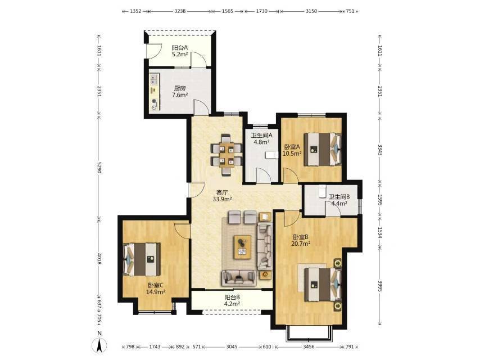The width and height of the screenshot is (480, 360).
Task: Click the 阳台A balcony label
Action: pyautogui.click(x=180, y=48)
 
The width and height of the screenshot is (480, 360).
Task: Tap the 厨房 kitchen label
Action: pyautogui.click(x=180, y=88)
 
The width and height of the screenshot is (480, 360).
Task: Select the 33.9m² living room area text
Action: pyautogui.click(x=222, y=199)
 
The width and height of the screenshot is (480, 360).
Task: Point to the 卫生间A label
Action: pyautogui.click(x=262, y=135)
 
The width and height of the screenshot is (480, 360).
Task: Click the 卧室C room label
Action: pyautogui.click(x=156, y=285)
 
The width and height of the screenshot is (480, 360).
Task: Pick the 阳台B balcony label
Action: pyautogui.click(x=232, y=297)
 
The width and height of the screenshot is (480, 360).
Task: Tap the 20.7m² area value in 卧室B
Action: pyautogui.click(x=301, y=244)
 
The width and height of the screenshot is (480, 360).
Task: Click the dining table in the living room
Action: pyautogui.click(x=227, y=155)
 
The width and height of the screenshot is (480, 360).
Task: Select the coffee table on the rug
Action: pyautogui.click(x=242, y=246)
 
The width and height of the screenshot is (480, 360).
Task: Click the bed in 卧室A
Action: pyautogui.click(x=323, y=149)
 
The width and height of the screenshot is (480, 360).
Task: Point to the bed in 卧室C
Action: pyautogui.click(x=142, y=259)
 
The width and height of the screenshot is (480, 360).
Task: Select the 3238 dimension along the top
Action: pyautogui.click(x=180, y=11)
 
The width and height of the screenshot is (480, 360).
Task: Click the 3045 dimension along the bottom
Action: pyautogui.click(x=232, y=347)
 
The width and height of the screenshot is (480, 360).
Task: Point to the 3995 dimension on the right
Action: pyautogui.click(x=380, y=286)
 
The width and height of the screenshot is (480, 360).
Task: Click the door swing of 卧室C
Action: pyautogui.click(x=182, y=231)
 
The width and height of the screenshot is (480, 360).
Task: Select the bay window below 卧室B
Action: pyautogui.click(x=309, y=334)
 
